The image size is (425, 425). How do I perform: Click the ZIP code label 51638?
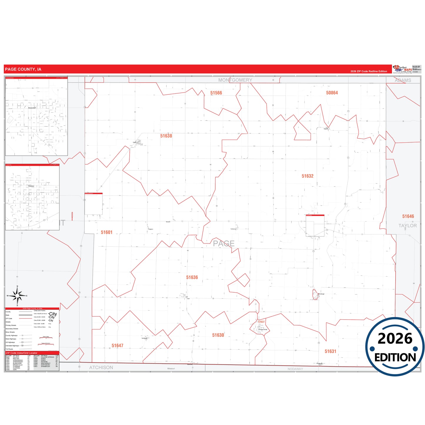[x=166, y=136]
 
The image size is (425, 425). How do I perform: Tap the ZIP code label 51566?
[x=216, y=93]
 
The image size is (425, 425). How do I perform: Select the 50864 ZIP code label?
[x=332, y=93]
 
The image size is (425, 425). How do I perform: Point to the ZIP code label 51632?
[x=307, y=176]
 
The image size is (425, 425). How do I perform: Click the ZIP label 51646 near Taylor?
[x=408, y=216]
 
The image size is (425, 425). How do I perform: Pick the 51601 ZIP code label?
[x=106, y=232]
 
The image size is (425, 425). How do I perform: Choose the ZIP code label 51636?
[x=192, y=277]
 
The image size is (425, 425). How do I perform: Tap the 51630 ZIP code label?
[x=218, y=335]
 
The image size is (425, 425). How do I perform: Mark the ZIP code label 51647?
[x=117, y=346]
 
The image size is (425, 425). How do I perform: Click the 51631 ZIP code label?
[x=330, y=351]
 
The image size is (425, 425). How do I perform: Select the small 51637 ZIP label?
[x=261, y=322]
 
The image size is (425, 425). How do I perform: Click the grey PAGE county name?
[x=224, y=244]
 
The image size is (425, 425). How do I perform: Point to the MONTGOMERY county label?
[x=235, y=80]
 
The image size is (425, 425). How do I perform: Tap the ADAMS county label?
[x=403, y=80]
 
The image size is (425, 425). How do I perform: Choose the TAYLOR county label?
[x=407, y=226]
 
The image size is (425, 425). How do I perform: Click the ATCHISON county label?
[x=101, y=367]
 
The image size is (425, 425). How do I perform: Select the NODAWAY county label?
[x=295, y=369]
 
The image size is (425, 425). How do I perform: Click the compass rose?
[x=17, y=296]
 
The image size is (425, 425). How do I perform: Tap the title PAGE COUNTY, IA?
[x=23, y=69]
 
